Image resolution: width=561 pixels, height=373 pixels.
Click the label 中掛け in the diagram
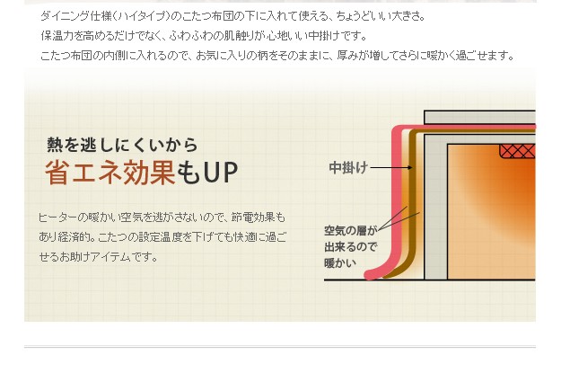click(x=348, y=168)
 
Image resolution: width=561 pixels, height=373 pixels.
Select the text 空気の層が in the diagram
click(x=351, y=230)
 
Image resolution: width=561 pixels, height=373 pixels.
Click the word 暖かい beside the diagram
click(x=340, y=262)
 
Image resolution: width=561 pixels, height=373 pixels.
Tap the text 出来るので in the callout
click(x=350, y=246)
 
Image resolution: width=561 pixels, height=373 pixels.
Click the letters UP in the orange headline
click(x=220, y=173)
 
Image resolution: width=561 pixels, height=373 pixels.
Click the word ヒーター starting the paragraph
click(x=57, y=218)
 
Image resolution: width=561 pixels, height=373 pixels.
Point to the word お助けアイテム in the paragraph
click(x=116, y=257)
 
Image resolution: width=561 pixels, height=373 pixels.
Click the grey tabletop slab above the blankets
click(x=480, y=116)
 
